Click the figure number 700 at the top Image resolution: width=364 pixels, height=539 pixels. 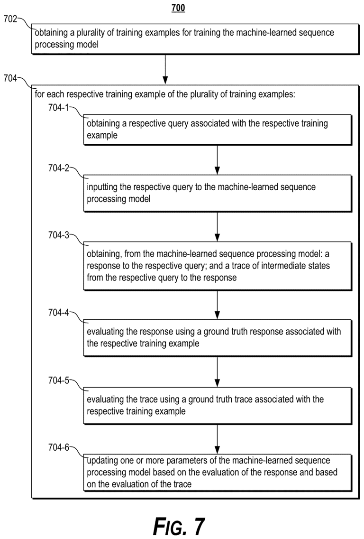pyautogui.click(x=178, y=8)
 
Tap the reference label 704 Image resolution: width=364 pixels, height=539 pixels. pyautogui.click(x=10, y=78)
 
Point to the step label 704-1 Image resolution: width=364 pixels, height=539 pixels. pyautogui.click(x=58, y=108)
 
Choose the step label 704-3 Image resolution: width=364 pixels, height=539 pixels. pyautogui.click(x=58, y=236)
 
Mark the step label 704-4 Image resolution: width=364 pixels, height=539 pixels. pyautogui.click(x=58, y=313)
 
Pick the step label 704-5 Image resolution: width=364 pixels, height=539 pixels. pyautogui.click(x=58, y=380)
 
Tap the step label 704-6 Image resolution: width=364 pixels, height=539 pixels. pyautogui.click(x=58, y=447)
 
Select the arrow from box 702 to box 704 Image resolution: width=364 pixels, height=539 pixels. pyautogui.click(x=165, y=69)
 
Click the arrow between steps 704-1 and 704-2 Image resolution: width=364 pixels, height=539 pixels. pyautogui.click(x=217, y=160)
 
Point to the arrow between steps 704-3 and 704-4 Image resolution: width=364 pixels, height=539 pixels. pyautogui.click(x=217, y=306)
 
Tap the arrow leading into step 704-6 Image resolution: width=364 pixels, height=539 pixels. pyautogui.click(x=217, y=439)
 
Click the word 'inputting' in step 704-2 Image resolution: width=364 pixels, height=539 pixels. pyautogui.click(x=102, y=187)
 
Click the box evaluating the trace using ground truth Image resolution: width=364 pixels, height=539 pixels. pyautogui.click(x=218, y=405)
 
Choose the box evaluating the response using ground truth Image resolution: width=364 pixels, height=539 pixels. pyautogui.click(x=218, y=338)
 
